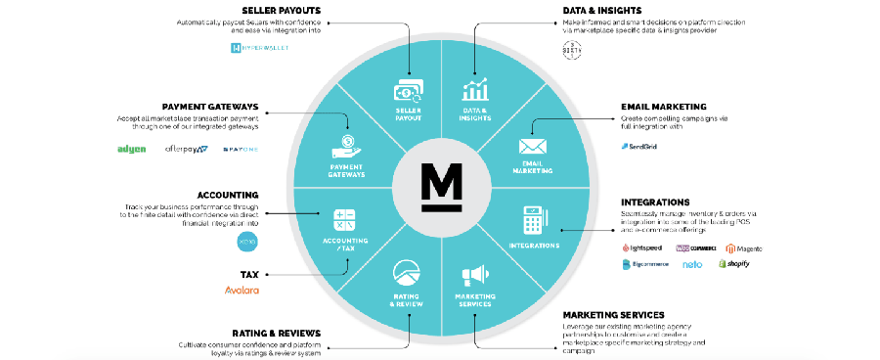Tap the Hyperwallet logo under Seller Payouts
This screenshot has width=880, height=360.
point(252,47)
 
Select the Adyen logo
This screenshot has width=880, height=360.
point(132,149)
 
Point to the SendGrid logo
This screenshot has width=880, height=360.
point(640,147)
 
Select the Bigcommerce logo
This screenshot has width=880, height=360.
point(648,264)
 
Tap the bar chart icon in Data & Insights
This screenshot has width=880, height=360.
point(475,90)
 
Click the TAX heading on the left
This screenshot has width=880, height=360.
point(249,275)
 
